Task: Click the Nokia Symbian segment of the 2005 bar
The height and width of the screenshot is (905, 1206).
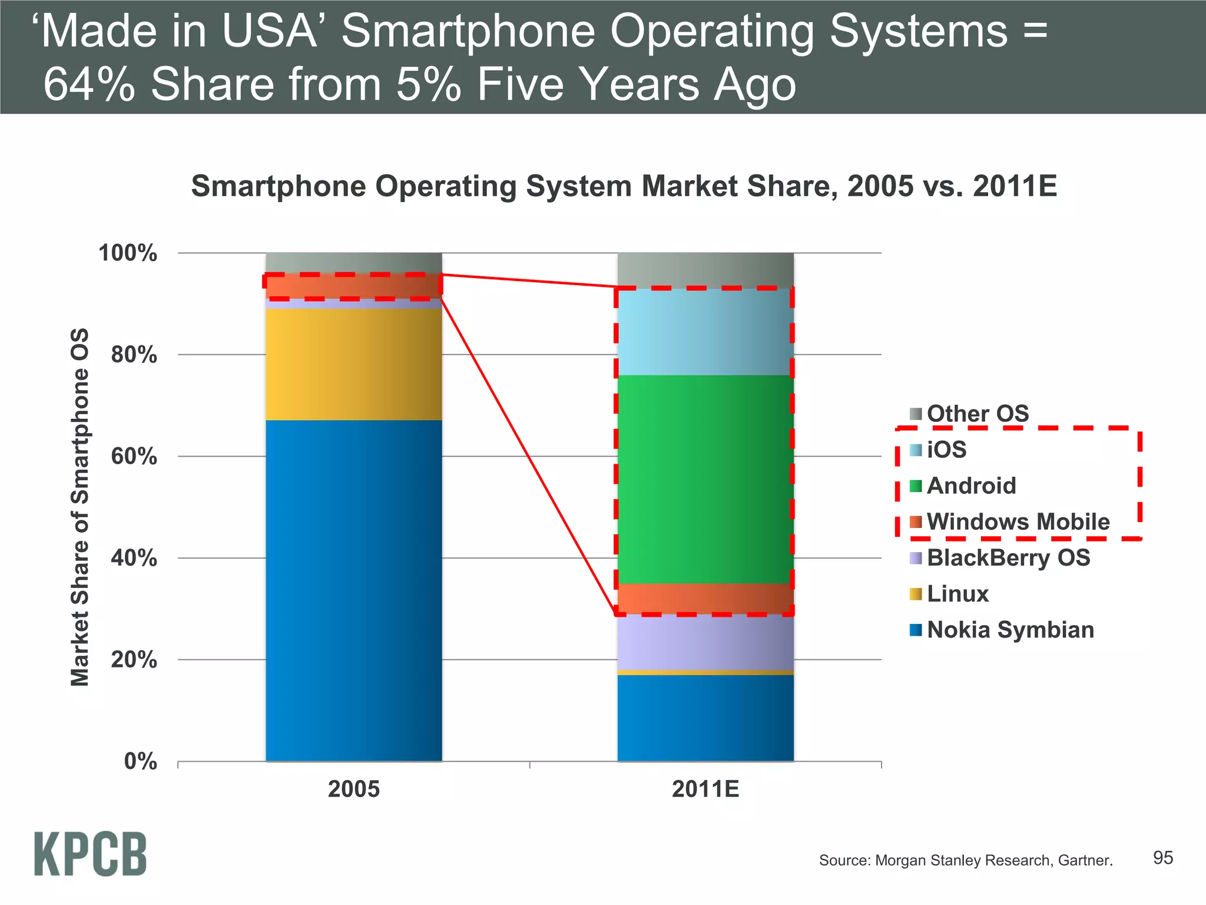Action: tap(353, 589)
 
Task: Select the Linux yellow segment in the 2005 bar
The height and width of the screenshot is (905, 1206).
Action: tap(353, 364)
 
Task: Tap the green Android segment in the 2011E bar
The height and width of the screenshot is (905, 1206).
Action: tap(705, 478)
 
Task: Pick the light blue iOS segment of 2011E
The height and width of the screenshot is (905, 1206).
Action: tap(705, 332)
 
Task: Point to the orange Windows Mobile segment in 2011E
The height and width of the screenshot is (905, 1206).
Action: tap(705, 599)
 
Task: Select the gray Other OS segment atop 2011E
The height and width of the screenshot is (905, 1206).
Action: tap(705, 270)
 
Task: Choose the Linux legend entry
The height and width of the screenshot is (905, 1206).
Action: tap(957, 594)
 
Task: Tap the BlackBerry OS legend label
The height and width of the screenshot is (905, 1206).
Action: tap(1008, 557)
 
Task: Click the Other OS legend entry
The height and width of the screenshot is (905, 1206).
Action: tap(977, 414)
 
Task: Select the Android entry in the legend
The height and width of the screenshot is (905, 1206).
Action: tap(970, 486)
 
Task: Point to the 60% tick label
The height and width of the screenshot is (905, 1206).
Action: tap(134, 457)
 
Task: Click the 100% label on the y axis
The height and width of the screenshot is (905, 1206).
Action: tap(128, 253)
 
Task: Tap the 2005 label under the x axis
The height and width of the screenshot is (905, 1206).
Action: tap(353, 789)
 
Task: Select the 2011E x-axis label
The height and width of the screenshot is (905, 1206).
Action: tap(705, 789)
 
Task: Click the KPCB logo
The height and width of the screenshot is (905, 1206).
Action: tap(90, 854)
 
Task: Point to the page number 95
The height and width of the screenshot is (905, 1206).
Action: tap(1162, 858)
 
